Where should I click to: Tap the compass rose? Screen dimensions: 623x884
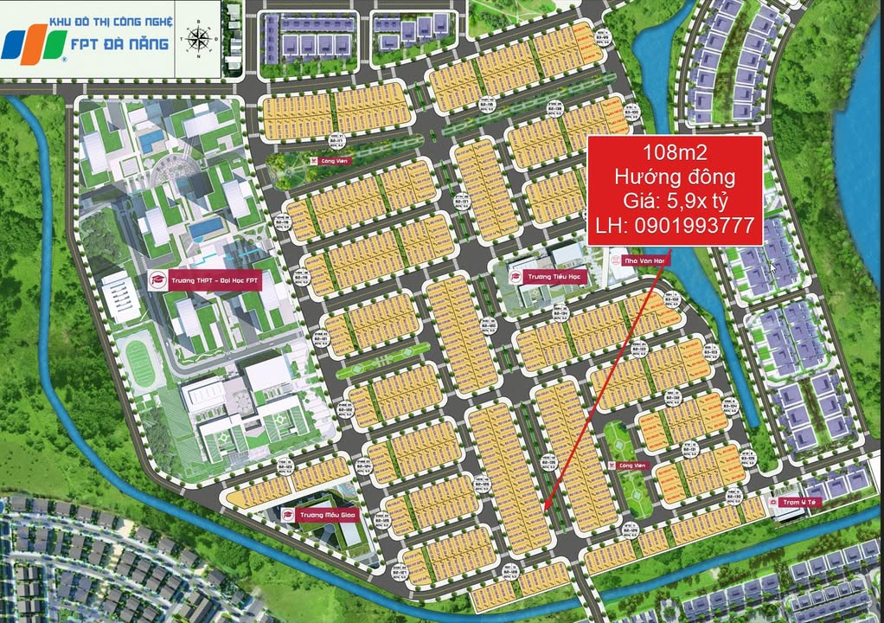198,38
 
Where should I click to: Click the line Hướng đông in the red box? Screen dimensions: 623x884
675,178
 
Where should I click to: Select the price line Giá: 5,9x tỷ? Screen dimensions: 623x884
675,203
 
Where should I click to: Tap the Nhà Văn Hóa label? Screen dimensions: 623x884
635,260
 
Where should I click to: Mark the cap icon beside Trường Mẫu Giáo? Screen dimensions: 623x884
288,516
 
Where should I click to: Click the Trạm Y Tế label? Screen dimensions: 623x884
799,502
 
